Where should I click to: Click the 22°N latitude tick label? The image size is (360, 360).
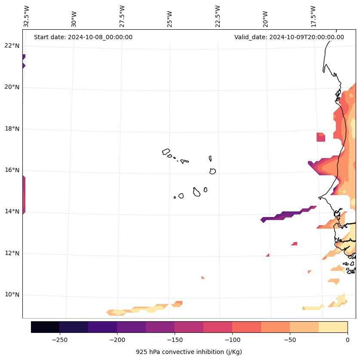pos(12,46)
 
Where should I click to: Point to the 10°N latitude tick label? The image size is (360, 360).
pos(12,295)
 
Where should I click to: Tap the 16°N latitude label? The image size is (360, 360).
pos(12,170)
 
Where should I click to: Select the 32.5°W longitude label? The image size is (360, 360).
pos(27,16)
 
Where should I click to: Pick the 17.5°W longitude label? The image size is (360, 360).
pos(313,16)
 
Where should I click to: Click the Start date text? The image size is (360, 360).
pos(83,37)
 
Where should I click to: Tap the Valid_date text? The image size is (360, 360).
pos(289,37)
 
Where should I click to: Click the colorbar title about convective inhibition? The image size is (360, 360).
pos(189,352)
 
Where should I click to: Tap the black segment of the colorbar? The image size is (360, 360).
pos(45,327)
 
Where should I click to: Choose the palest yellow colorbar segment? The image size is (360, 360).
pos(333,327)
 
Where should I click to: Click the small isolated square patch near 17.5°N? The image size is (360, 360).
pos(321,137)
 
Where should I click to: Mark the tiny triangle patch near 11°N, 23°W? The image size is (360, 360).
pos(203,278)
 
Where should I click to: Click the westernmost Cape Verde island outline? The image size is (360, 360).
pos(166,152)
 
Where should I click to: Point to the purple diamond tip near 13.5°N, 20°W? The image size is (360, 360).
pos(263,220)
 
